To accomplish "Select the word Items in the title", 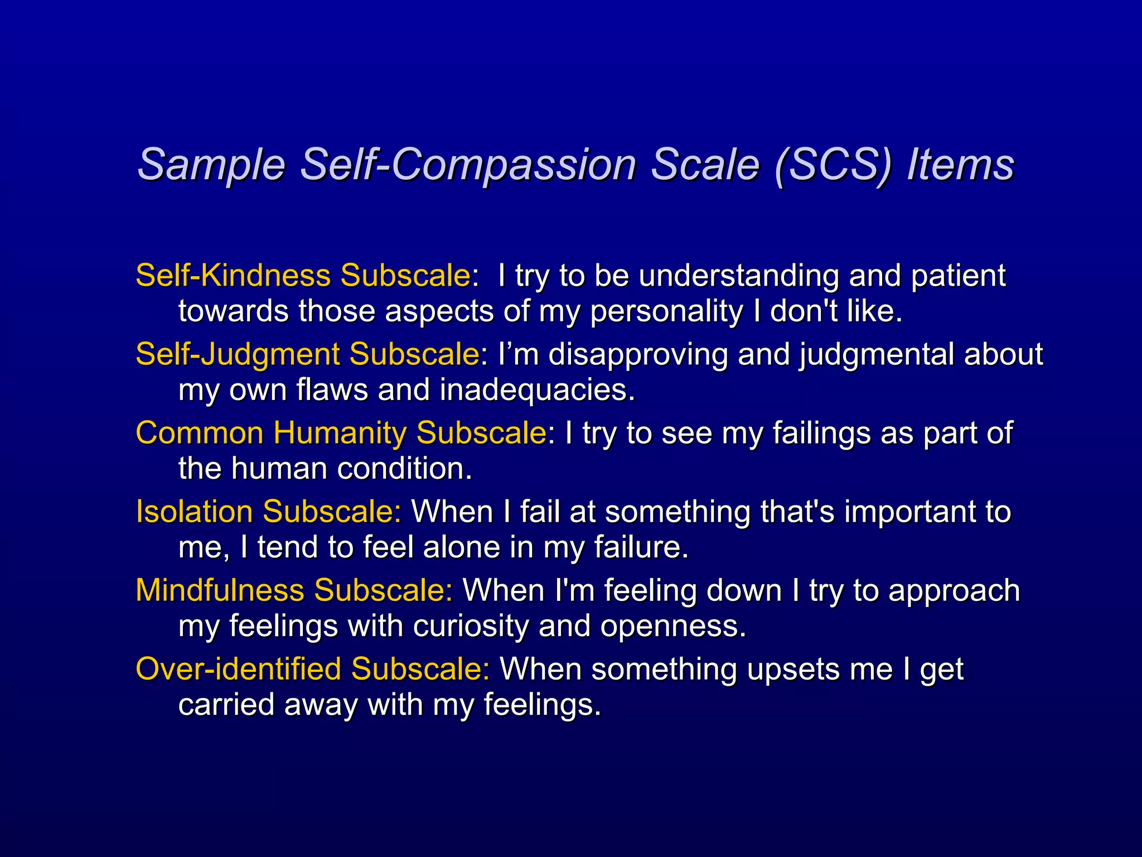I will tap(961, 165).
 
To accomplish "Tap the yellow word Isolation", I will tap(194, 512).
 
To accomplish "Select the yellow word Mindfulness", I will tap(220, 590).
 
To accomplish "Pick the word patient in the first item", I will tap(958, 276).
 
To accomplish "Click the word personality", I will tap(666, 311).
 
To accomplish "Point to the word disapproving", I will tap(638, 355).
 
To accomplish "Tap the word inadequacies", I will tap(536, 390).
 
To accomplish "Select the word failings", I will tap(821, 434).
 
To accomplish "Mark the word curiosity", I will tap(471, 626).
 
